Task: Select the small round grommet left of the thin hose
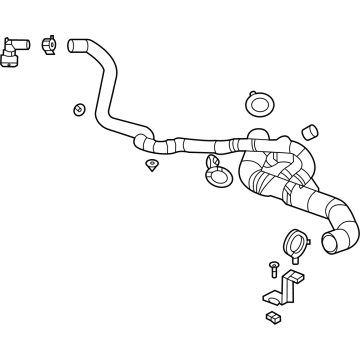point(78,108)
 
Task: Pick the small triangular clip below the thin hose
point(152,163)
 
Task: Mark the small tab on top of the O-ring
point(259,92)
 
